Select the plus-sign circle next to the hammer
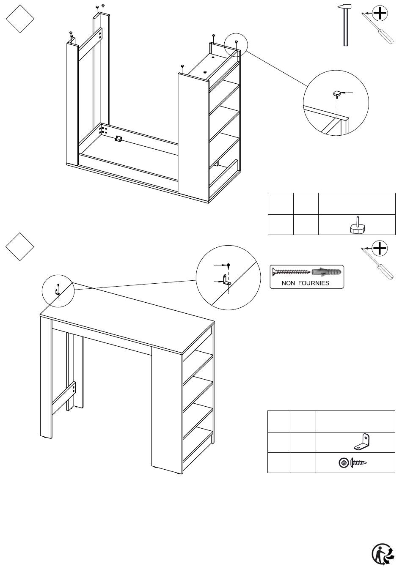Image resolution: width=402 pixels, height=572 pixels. click(x=381, y=14)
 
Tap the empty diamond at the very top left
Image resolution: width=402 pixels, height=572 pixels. click(x=20, y=18)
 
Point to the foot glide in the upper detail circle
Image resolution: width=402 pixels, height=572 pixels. click(x=337, y=93)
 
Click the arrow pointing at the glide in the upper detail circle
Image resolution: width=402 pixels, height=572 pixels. click(x=347, y=92)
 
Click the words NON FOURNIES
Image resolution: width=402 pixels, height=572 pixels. click(x=305, y=283)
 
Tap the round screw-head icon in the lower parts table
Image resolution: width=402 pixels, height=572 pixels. click(x=344, y=463)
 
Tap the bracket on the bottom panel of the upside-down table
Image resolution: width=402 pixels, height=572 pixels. click(x=118, y=139)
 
